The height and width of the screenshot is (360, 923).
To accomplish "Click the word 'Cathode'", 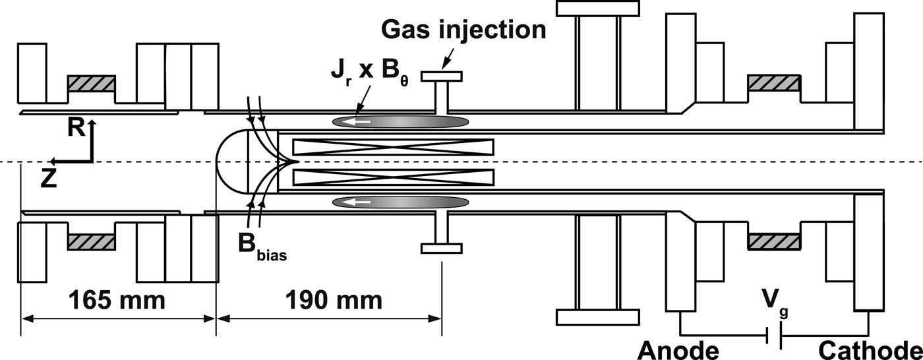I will coord(870,349).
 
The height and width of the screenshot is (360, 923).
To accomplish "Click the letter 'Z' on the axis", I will coord(47,179).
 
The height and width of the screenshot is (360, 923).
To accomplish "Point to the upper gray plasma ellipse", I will coord(400,122).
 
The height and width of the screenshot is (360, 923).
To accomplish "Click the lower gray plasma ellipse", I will coord(400,202).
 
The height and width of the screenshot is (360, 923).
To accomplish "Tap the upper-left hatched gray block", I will coord(91,84).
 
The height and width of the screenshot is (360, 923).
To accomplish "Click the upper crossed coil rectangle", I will coord(393,148).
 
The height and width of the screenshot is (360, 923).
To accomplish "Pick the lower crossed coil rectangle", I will coord(393,176).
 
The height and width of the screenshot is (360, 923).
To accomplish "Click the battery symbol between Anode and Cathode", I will coord(773,337).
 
